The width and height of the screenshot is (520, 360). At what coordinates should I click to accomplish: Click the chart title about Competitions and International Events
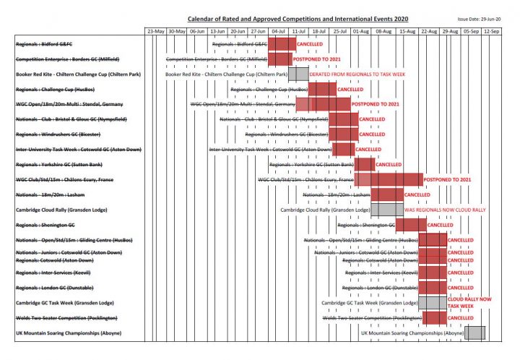tap(298, 18)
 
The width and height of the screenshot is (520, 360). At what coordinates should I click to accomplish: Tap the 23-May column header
tap(156, 32)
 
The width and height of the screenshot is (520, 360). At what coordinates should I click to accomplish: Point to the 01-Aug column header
tap(361, 32)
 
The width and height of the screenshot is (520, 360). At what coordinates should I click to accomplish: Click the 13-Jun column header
tap(217, 32)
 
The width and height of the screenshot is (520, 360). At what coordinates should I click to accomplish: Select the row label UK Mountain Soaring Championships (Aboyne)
tap(69, 333)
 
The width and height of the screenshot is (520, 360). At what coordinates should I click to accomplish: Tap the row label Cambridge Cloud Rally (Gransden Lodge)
tap(66, 210)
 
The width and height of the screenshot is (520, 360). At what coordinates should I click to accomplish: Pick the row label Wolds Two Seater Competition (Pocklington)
tap(66, 318)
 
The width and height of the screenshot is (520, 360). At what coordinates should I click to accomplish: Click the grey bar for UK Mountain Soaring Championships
tap(474, 333)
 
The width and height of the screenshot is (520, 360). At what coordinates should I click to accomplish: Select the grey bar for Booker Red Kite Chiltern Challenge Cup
tap(298, 74)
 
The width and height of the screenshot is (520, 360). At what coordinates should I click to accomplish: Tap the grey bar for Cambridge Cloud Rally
tap(386, 210)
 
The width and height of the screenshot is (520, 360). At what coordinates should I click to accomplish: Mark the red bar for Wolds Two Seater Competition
tap(435, 318)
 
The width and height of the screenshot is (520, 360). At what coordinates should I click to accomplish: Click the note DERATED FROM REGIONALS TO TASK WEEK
tap(356, 74)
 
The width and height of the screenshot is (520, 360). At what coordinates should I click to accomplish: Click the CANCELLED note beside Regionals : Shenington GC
tap(440, 225)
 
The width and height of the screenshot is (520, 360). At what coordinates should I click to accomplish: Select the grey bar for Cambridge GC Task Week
tap(433, 302)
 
